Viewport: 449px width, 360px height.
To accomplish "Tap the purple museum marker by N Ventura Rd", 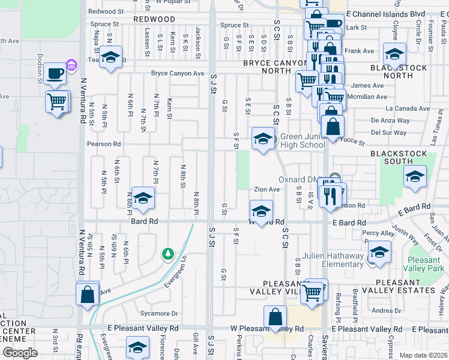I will (x=71, y=64).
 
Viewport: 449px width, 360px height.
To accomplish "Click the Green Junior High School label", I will (x=303, y=141).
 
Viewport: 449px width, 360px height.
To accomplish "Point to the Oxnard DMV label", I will (x=300, y=179).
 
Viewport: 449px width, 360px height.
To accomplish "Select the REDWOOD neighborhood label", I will (x=154, y=19).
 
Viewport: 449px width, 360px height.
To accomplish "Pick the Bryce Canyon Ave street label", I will (x=177, y=73).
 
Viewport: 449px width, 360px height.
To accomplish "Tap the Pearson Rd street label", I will (x=103, y=144).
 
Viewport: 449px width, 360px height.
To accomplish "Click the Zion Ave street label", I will (x=267, y=190).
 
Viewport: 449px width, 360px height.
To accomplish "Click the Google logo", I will (x=19, y=353).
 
